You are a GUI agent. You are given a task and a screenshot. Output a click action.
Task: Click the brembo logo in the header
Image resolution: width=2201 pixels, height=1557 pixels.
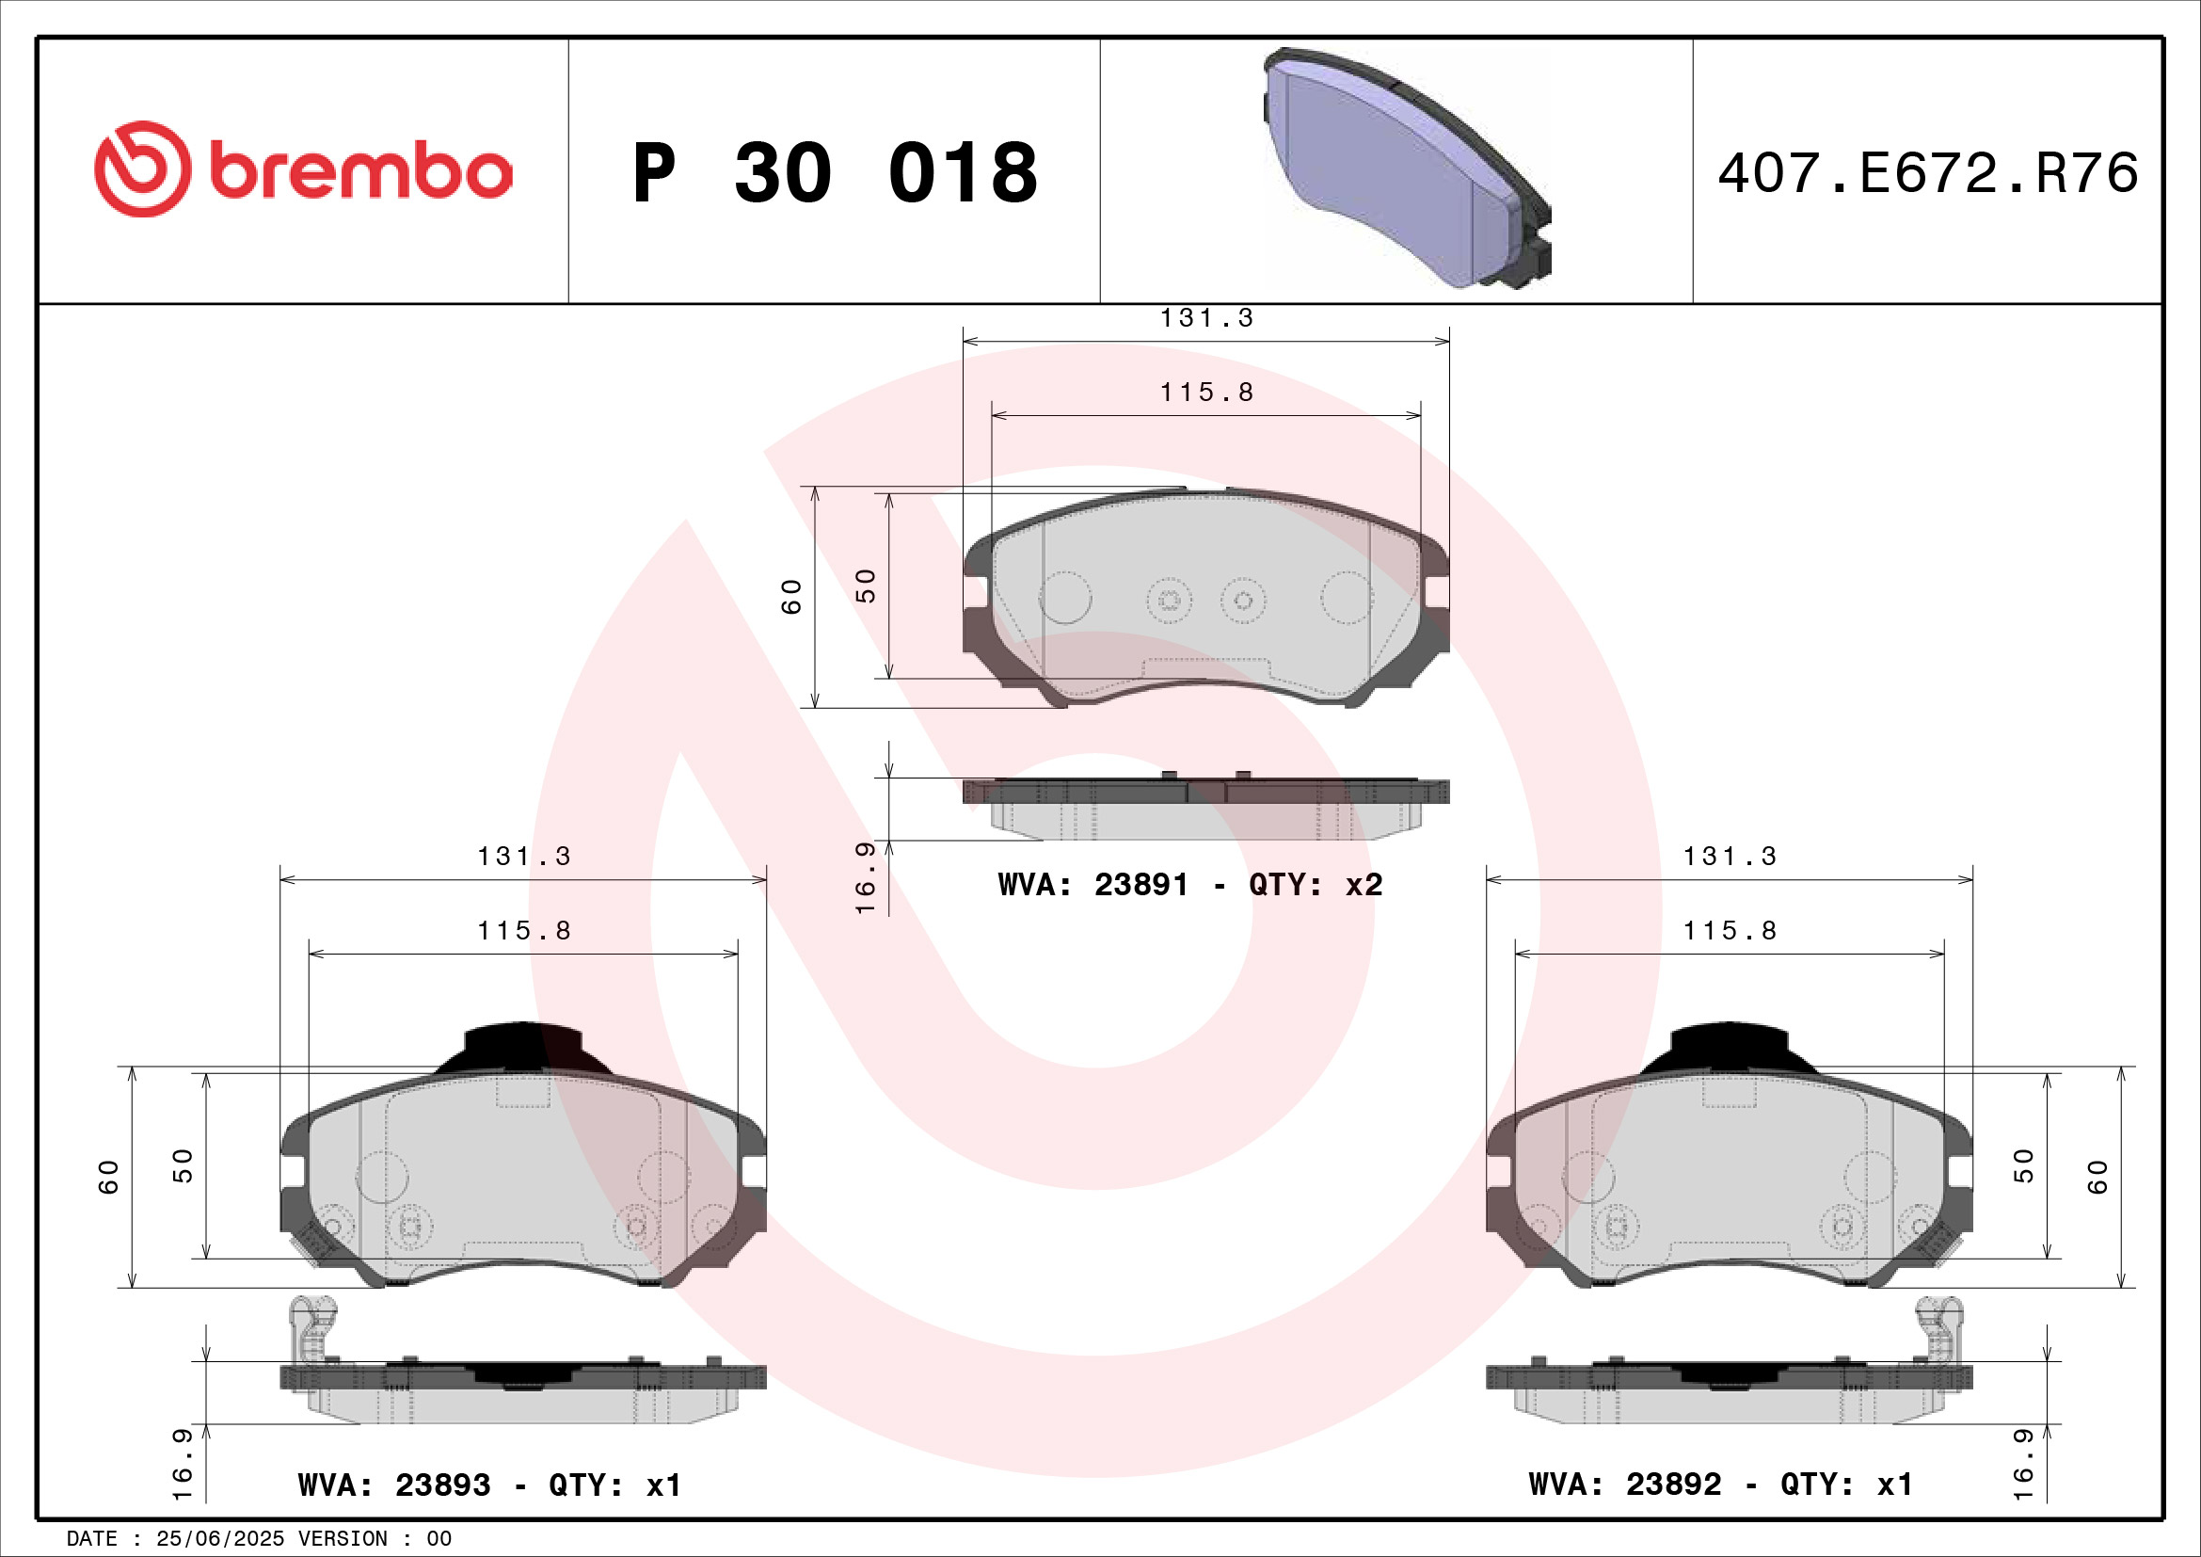[x=303, y=169]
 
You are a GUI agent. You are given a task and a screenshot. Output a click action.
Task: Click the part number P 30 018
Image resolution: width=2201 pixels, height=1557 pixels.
[x=834, y=173]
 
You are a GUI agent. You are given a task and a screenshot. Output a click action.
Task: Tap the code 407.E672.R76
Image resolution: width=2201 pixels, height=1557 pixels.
[x=1927, y=173]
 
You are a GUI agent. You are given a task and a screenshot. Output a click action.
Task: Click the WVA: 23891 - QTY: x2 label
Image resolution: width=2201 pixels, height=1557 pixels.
[x=1189, y=884]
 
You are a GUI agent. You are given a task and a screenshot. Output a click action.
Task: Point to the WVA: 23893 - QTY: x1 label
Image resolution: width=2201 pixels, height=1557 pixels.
[x=490, y=1485]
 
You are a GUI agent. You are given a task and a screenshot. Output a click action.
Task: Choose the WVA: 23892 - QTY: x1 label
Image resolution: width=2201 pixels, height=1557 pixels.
[x=1721, y=1485]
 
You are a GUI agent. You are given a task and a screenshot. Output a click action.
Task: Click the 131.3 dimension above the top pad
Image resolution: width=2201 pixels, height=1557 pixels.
[x=1207, y=318]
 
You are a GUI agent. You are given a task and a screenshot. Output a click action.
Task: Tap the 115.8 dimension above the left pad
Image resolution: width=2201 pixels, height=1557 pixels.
[x=524, y=931]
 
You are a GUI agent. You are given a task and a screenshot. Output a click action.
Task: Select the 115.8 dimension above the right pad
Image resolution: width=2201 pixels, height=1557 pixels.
[x=1730, y=931]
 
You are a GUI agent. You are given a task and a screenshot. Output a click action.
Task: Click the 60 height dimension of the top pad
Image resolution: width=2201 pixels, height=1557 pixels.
[x=791, y=596]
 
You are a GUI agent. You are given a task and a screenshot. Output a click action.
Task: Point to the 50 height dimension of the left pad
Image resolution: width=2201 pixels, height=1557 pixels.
[x=183, y=1164]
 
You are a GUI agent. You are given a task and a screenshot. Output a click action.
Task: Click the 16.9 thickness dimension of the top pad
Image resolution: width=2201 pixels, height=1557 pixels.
[x=865, y=878]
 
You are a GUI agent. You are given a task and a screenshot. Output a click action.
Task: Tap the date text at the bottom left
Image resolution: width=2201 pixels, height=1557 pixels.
[x=259, y=1539]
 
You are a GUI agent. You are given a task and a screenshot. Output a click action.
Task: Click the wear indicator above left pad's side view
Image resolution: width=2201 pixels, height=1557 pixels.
[x=312, y=1327]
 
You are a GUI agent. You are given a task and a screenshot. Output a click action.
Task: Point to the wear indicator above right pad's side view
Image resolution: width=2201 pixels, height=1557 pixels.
[x=1938, y=1327]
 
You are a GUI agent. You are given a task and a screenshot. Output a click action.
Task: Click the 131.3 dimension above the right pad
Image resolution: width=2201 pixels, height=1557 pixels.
[x=1730, y=856]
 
